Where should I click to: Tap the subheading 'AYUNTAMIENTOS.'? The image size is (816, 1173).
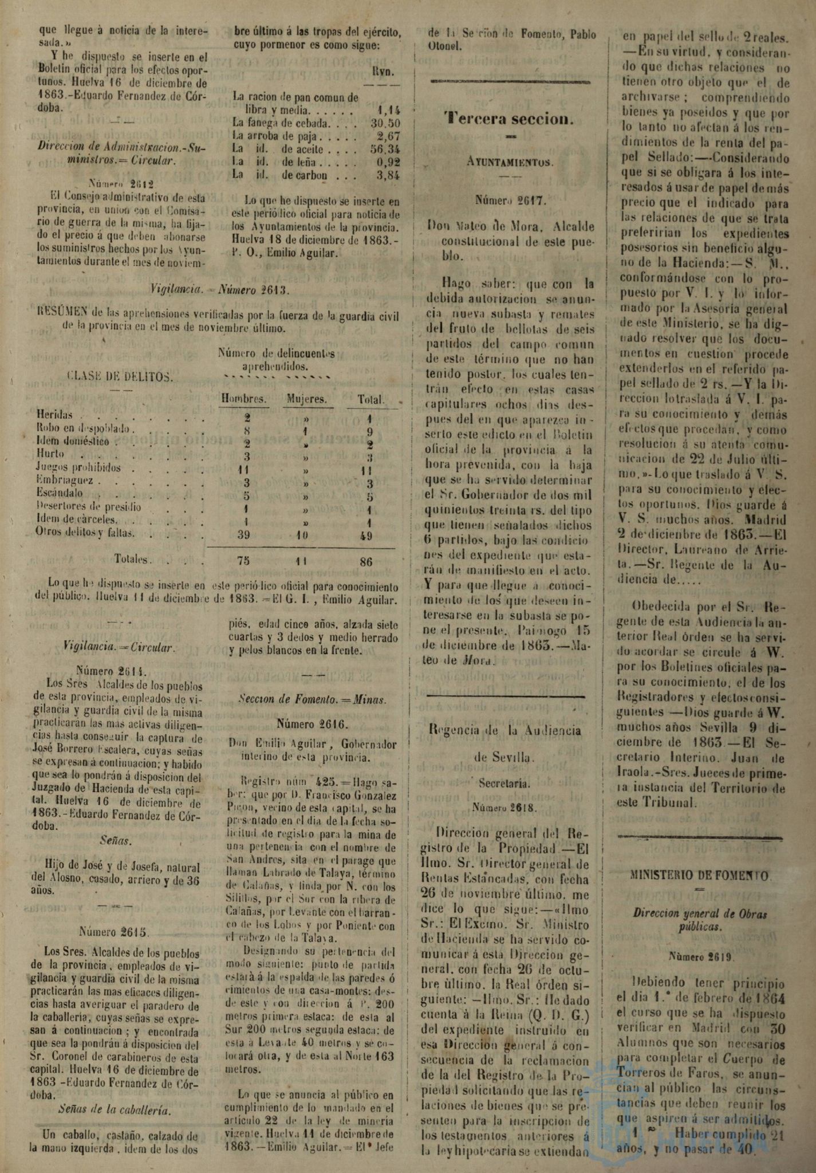coord(508,162)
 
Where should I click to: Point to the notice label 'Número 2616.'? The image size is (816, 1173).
coord(312,723)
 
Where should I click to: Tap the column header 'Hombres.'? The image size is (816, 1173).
coord(244,399)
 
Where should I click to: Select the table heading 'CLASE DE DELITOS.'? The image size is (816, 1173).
coord(120,376)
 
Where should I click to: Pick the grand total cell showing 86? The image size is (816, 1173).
coord(365,562)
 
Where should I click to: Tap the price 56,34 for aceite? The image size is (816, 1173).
coord(385,149)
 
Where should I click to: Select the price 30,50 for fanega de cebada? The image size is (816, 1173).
coord(385,123)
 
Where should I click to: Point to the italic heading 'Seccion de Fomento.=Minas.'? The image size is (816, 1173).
coord(312,699)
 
